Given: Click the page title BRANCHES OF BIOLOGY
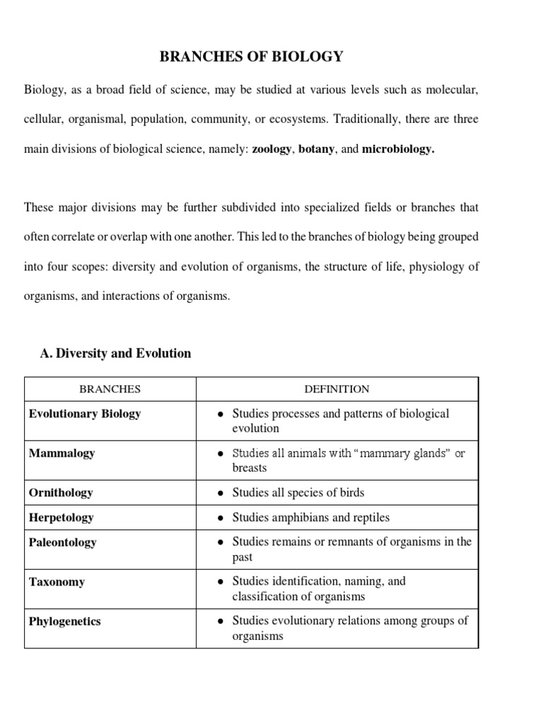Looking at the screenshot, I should (x=251, y=57).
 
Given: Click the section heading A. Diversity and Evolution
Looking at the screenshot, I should (x=116, y=353).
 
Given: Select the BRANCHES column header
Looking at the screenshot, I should (x=110, y=389).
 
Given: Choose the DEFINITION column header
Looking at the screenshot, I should (x=337, y=389).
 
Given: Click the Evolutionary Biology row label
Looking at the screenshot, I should (x=84, y=414).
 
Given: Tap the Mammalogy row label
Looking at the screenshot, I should (x=62, y=453).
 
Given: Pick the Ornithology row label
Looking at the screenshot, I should (x=61, y=492).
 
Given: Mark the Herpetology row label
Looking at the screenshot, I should (x=61, y=518).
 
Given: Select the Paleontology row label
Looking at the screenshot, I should (x=62, y=542).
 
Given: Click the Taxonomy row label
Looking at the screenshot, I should (x=57, y=582).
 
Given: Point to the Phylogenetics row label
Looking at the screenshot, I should (x=64, y=621).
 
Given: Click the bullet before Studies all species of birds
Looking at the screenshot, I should (x=221, y=493).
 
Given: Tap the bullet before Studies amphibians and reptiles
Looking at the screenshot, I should (x=221, y=518).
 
